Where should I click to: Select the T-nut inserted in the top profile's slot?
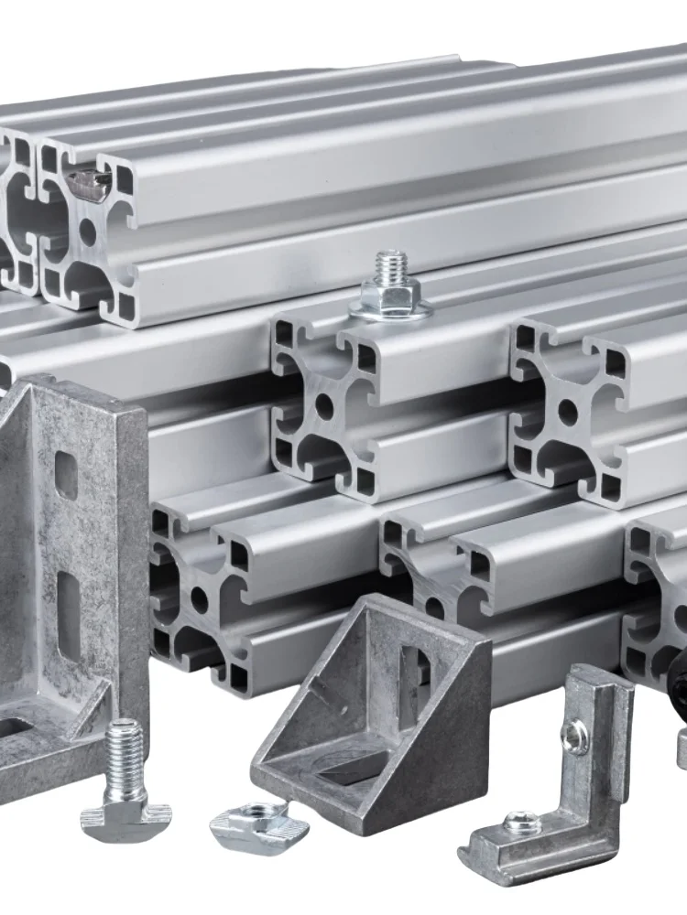pyautogui.click(x=90, y=185)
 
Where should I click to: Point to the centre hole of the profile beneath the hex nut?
pyautogui.click(x=324, y=405)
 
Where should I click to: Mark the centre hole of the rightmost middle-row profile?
pyautogui.click(x=568, y=413)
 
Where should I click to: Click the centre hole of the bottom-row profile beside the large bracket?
pyautogui.click(x=198, y=599)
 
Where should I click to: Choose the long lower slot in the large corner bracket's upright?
pyautogui.click(x=69, y=613)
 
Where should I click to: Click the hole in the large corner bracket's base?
pyautogui.click(x=14, y=727)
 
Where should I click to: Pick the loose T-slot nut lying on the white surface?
pyautogui.click(x=258, y=824)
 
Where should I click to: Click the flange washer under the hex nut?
pyautogui.click(x=390, y=311)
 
